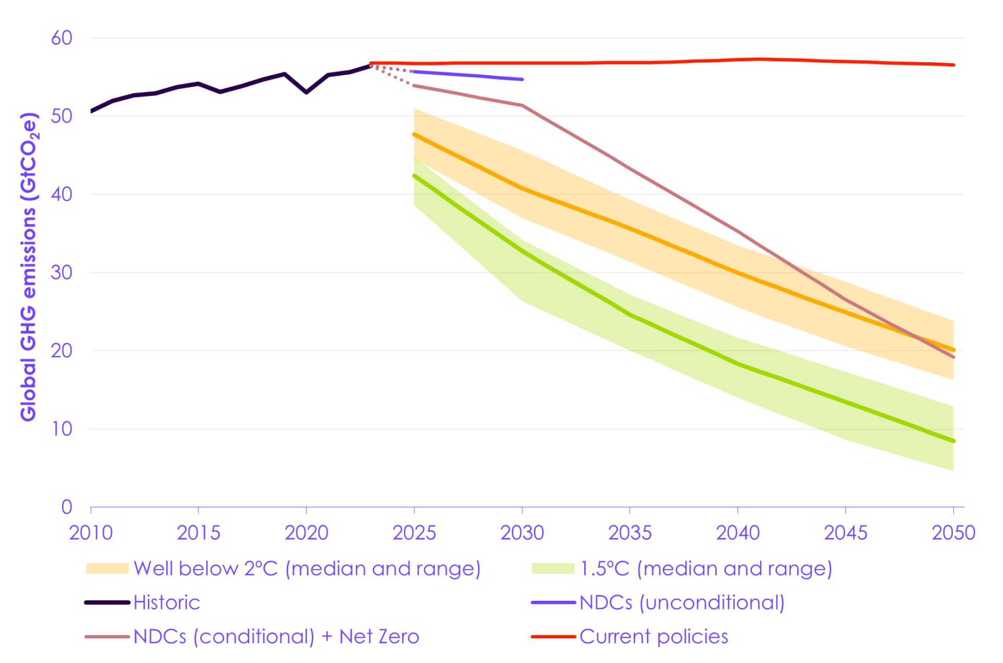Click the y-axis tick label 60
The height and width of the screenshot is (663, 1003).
(x=61, y=38)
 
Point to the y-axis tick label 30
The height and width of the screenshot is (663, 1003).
(x=61, y=273)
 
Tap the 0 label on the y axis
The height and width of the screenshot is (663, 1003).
(x=66, y=507)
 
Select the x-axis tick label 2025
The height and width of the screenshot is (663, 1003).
(x=414, y=533)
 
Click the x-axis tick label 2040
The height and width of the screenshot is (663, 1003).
(x=737, y=533)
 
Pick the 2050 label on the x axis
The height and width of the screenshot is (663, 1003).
(x=953, y=533)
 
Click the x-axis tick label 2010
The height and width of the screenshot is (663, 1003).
(x=91, y=533)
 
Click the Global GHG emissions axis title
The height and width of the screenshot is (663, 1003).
(x=29, y=266)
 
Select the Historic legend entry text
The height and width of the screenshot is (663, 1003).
(x=167, y=603)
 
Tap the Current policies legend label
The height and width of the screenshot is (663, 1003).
(x=654, y=637)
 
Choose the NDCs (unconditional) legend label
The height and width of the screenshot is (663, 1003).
(x=682, y=603)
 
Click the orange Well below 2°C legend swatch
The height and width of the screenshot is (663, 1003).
(x=107, y=569)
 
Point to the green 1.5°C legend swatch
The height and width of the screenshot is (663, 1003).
(x=553, y=569)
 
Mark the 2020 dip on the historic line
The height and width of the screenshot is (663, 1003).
(x=306, y=92)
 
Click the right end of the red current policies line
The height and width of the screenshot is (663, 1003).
(x=953, y=65)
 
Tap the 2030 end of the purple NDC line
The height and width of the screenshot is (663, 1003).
(x=522, y=79)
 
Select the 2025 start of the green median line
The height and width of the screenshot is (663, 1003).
(x=414, y=176)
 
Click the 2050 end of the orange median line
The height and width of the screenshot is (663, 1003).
(x=953, y=350)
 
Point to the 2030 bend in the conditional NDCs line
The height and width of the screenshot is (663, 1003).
(x=522, y=106)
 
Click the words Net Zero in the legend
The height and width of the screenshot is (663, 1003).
(x=379, y=637)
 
